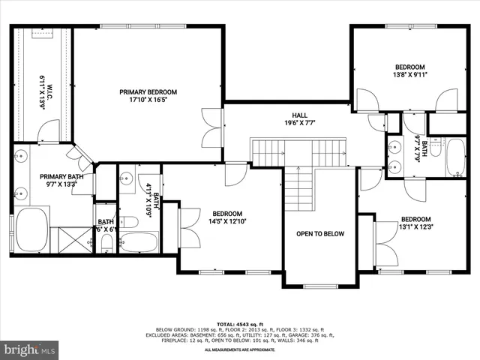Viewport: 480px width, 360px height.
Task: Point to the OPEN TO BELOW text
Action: coord(320,234)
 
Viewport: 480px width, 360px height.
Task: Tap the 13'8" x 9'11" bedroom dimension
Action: coord(409,75)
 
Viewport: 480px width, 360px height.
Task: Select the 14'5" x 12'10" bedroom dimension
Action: coord(226,221)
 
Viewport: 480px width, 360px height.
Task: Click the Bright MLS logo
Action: coord(30,349)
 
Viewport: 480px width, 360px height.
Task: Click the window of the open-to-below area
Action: coord(320,286)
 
